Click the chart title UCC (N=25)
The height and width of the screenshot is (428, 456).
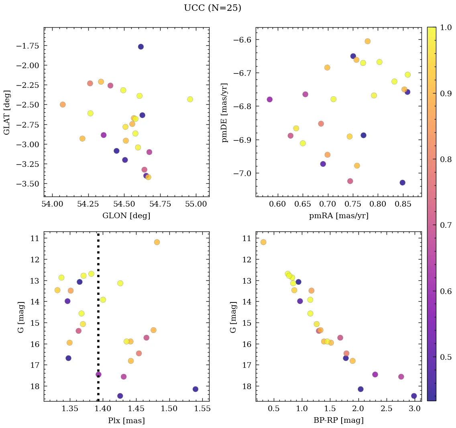pos(212,8)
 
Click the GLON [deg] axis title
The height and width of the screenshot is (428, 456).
pos(126,216)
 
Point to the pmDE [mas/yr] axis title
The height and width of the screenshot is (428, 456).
pos(225,113)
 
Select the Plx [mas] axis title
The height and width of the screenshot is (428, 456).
pos(126,420)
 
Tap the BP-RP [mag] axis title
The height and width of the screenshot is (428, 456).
pos(338,420)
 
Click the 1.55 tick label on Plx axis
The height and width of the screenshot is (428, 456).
pos(216,409)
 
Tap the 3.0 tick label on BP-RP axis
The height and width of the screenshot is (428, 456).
pos(415,409)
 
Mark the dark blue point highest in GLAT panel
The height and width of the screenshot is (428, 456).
pos(140,47)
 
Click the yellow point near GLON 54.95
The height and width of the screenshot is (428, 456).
pos(190,99)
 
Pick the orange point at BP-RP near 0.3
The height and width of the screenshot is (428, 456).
pos(263,242)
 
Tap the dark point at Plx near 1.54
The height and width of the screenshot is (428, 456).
pos(195,389)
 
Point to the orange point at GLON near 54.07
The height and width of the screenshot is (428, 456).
pos(63,104)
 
